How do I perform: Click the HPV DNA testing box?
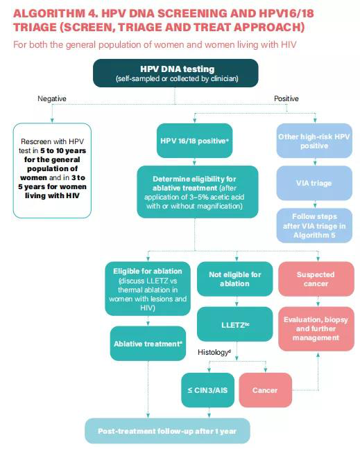coord(175,73)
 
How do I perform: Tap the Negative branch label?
coord(52,98)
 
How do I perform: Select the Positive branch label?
coord(286,98)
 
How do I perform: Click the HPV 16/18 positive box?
coord(194,141)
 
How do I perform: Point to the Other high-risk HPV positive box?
coord(314,141)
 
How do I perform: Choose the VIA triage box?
coord(314,183)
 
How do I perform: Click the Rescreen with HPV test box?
coord(52,170)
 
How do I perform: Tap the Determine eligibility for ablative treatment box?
coord(198,192)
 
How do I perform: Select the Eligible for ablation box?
coord(148,289)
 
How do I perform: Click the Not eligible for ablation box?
coord(234,279)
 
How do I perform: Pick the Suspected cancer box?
coord(316,279)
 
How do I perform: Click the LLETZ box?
coord(234,324)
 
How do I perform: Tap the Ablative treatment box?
coord(148,344)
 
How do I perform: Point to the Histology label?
coord(214,352)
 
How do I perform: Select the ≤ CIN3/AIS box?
coord(208,390)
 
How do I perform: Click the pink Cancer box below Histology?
coord(266,390)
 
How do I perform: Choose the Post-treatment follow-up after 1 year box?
coord(167,431)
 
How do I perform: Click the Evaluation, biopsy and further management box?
coord(316,328)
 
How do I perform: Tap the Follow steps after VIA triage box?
coord(314,226)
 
